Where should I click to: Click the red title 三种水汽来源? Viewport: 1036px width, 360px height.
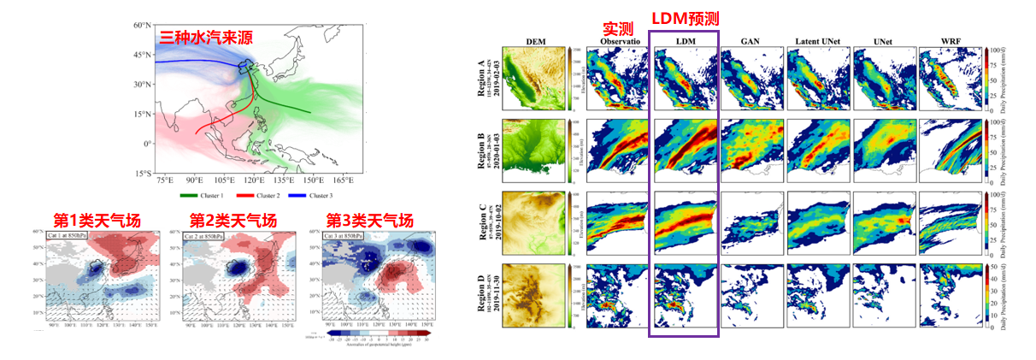point(209,38)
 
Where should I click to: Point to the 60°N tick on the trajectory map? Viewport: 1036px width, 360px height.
point(142,25)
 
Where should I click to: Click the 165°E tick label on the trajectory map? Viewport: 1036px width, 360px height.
point(343,181)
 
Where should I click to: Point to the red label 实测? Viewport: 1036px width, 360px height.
point(617,28)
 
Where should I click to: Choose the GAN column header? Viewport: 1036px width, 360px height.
point(749,41)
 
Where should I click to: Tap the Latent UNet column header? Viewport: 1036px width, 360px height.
point(815,41)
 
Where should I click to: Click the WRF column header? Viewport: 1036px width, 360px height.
point(949,41)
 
